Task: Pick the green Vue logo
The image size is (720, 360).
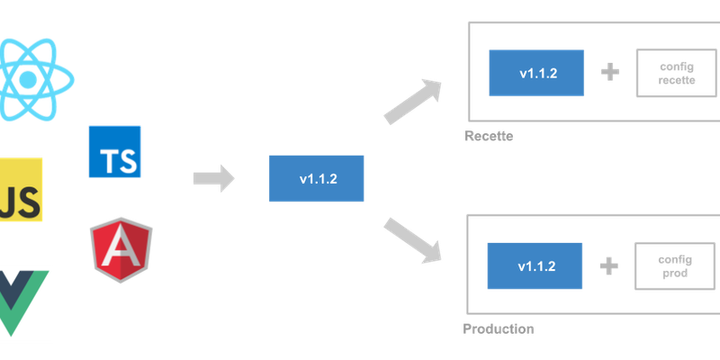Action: (26, 302)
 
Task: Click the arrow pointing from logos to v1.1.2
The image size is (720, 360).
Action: (213, 178)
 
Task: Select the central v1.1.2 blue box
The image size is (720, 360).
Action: (317, 178)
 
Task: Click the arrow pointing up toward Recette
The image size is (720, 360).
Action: (413, 102)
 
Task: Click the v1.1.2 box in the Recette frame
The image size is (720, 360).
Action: (538, 73)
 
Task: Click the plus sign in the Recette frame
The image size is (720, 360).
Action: (609, 73)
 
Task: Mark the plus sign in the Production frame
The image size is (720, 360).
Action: (609, 266)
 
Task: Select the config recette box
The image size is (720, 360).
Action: (677, 74)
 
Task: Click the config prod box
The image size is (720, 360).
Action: (675, 266)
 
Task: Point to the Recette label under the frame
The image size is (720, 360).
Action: (489, 137)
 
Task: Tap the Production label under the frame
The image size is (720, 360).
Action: (499, 328)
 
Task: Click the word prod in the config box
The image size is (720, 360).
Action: (675, 274)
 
